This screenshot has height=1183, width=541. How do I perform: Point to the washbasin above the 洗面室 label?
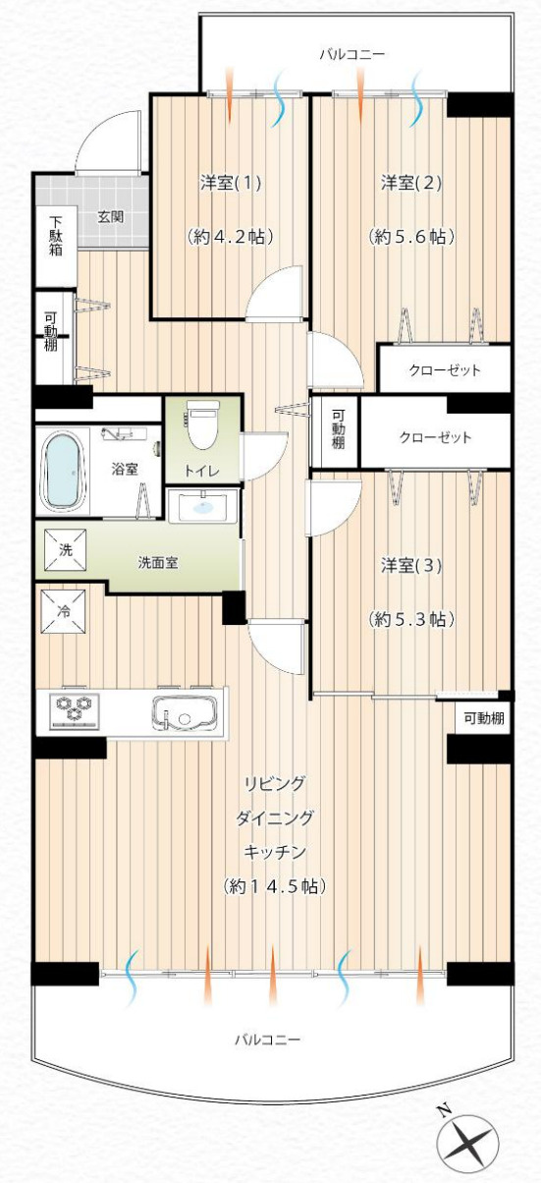tap(203, 508)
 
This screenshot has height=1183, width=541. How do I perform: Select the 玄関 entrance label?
tap(109, 216)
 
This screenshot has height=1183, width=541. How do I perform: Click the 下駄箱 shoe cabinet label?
tap(56, 236)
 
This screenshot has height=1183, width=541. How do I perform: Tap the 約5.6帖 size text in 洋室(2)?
tap(410, 236)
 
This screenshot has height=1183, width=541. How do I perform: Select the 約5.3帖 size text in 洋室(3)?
tap(410, 619)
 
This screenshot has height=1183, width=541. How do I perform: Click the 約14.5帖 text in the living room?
tap(274, 885)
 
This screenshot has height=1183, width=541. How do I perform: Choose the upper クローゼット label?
tap(444, 370)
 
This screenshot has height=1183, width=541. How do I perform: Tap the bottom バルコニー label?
tap(267, 1039)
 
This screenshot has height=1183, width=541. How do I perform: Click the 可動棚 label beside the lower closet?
tap(338, 429)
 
